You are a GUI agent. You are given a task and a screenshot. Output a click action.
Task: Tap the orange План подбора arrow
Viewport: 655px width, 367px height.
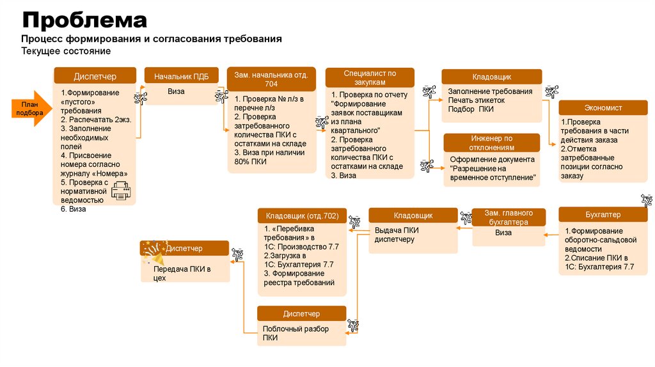[29, 109]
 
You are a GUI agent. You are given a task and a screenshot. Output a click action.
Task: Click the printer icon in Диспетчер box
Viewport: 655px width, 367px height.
[122, 191]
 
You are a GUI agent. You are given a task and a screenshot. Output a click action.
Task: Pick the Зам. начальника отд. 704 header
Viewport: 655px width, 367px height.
[271, 79]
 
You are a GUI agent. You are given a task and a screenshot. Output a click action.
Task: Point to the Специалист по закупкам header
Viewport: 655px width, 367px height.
[369, 78]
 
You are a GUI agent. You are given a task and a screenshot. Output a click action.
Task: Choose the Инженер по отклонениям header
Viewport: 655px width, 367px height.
[492, 143]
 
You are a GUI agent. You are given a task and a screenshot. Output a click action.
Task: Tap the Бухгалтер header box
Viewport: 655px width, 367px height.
[603, 214]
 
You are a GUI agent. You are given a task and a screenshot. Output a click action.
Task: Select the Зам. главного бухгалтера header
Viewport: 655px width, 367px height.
[509, 217]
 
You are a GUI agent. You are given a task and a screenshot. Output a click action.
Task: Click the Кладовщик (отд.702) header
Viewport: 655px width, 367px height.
[302, 215]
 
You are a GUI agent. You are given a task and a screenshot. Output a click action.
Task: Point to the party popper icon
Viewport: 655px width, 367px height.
[152, 253]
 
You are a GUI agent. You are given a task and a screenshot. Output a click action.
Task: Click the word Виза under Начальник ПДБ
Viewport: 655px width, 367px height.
[176, 91]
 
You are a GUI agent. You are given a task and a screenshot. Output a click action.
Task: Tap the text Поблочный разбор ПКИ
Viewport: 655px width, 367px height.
[296, 333]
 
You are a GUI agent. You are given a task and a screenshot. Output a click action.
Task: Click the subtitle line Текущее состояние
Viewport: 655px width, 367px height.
[66, 51]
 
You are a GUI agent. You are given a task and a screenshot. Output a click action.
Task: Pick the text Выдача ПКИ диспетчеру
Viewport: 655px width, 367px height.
[397, 235]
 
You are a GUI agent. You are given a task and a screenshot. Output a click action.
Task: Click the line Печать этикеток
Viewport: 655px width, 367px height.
[476, 100]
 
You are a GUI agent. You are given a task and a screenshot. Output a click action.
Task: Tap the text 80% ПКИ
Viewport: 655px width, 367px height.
[250, 162]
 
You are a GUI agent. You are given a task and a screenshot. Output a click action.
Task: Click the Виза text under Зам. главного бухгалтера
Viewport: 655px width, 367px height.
[503, 233]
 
